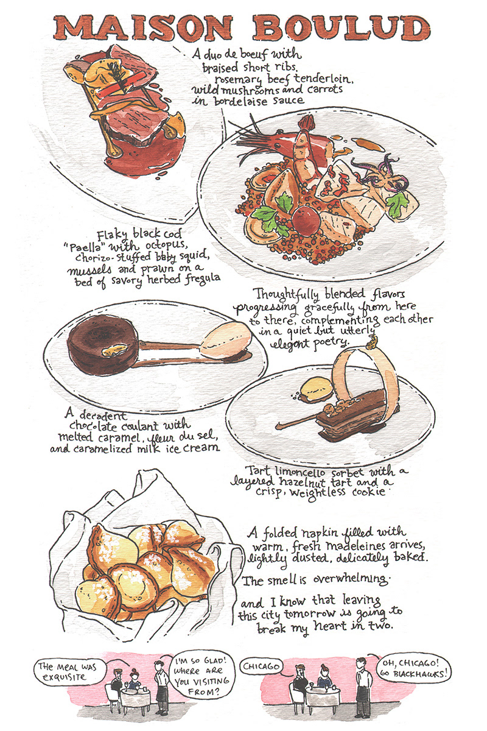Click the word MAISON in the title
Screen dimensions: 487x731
[144, 29]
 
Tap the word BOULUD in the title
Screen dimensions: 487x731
[342, 28]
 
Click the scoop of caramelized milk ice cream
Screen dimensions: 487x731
[225, 339]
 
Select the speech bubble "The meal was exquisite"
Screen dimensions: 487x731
[69, 672]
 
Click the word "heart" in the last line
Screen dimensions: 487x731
[330, 626]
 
